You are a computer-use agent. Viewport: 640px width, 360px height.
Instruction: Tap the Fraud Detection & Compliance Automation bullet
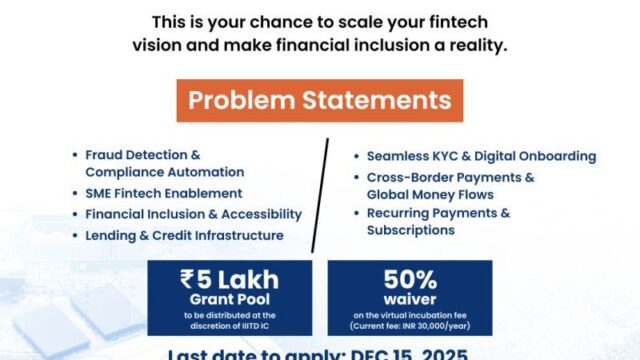pos(144,164)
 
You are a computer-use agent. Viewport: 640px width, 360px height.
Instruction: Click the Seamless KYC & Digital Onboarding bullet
pos(481,156)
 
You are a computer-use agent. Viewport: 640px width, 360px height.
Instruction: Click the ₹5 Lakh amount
pos(229,279)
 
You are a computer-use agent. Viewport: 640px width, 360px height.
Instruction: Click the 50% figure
pos(410,278)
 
